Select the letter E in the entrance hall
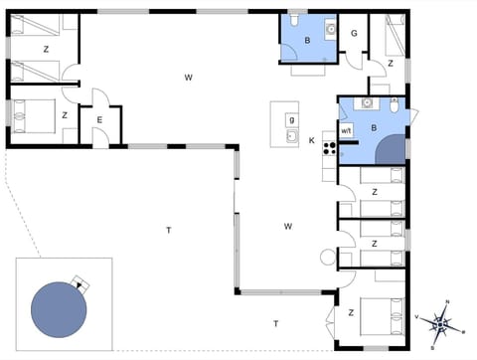(98, 120)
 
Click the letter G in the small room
(354, 33)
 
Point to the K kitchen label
(311, 139)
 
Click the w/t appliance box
(347, 130)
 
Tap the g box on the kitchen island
(291, 120)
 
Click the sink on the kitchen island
(291, 136)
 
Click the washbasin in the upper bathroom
(330, 28)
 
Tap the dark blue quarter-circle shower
(395, 150)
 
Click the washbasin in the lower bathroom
(369, 101)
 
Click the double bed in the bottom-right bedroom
(382, 316)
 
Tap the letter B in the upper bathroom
(307, 41)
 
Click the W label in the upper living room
(187, 77)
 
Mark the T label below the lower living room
(275, 323)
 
